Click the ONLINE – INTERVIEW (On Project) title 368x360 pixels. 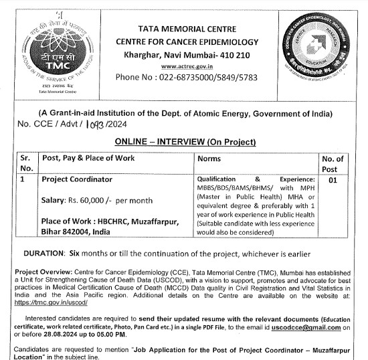point(185,142)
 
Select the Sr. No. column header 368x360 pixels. point(26,163)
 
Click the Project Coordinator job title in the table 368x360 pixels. point(77,179)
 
